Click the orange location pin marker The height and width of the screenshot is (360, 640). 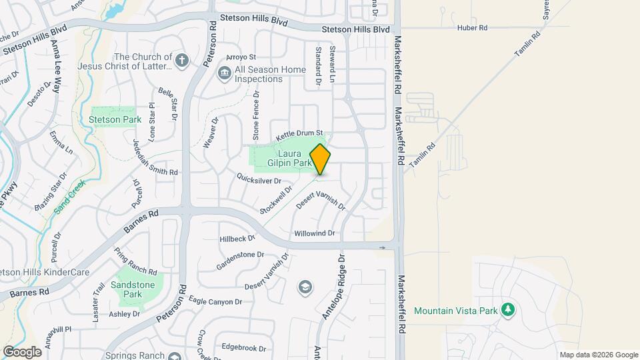click(321, 159)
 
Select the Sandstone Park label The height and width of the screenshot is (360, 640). click(133, 289)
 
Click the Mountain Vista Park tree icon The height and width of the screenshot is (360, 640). click(509, 310)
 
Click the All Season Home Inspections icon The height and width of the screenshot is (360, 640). click(225, 72)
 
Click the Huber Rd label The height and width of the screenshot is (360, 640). click(473, 28)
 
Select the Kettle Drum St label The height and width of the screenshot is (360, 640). click(299, 133)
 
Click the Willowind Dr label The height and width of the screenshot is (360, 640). click(314, 234)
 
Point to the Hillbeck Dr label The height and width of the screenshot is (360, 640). click(237, 238)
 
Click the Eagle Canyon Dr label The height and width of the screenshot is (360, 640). click(215, 301)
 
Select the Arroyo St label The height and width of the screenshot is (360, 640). click(241, 57)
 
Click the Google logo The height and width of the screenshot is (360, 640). click(22, 351)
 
